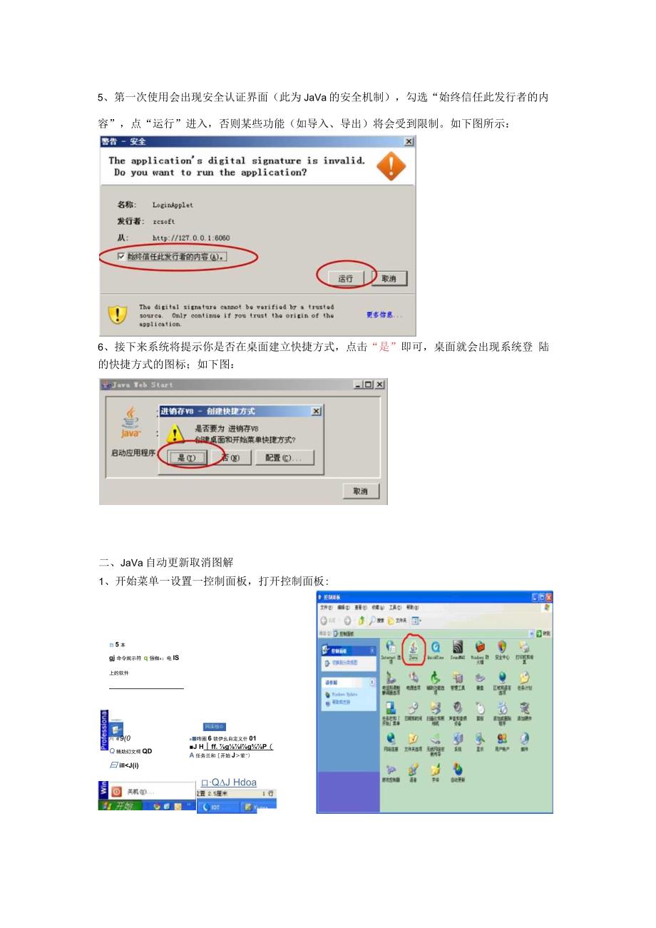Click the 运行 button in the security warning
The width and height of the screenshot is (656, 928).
pos(346,278)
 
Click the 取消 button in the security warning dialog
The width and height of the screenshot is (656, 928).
pos(389,278)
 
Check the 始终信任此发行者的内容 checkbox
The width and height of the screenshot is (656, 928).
pos(121,256)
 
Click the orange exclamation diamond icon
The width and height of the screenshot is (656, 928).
pos(391,166)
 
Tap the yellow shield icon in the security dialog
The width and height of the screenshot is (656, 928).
pos(117,315)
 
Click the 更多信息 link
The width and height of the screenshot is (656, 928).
pos(384,315)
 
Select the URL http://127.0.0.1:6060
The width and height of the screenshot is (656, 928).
pos(191,238)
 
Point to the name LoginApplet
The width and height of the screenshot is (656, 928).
pos(173,205)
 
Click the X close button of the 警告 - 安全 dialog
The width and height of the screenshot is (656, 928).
pos(409,142)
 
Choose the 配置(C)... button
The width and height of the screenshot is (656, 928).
pos(288,458)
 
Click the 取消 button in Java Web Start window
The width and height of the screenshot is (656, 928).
pos(361,491)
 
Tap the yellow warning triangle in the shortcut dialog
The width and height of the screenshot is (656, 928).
pos(175,433)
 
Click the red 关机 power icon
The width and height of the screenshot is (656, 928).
pos(116,791)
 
